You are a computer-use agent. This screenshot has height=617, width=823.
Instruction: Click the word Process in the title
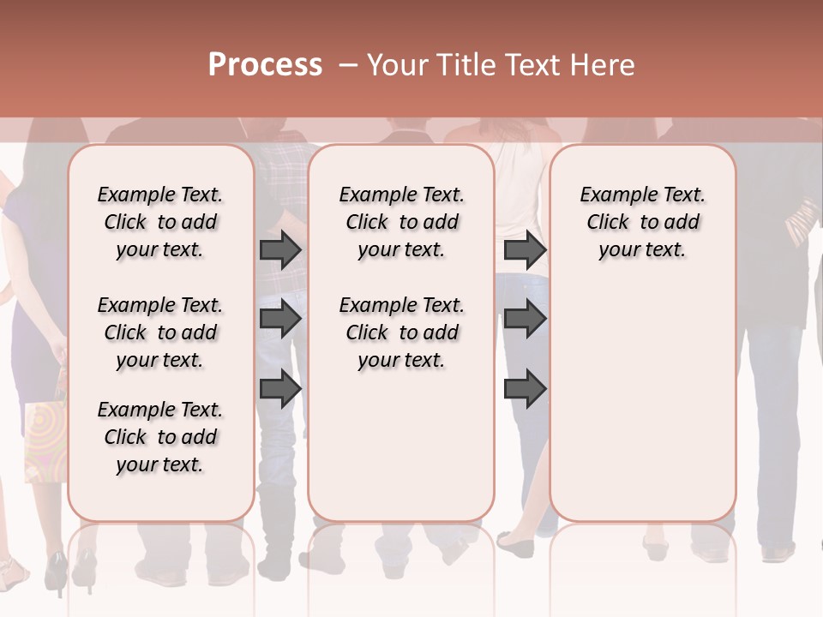265,65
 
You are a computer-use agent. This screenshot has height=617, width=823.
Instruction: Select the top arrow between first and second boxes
280,250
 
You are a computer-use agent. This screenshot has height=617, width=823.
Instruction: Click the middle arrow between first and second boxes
280,320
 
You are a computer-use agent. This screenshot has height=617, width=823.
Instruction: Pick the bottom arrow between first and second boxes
280,388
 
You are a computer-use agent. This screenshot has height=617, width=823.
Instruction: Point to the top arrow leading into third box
525,250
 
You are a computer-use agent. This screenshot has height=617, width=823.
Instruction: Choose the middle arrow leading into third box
525,320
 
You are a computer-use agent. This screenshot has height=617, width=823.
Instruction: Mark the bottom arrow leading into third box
525,388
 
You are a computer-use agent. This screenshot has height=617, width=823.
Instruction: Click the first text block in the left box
160,222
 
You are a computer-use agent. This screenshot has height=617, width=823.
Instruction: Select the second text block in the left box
160,332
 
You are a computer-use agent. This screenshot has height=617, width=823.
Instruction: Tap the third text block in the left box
160,437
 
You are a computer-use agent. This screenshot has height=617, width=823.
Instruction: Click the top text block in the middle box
402,222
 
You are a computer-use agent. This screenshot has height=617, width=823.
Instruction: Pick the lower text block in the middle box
402,332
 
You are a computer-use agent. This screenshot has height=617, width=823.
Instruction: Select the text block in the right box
643,222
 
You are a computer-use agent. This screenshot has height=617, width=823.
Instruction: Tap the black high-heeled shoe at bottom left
57,572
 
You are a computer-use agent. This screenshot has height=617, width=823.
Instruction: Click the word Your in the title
396,65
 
